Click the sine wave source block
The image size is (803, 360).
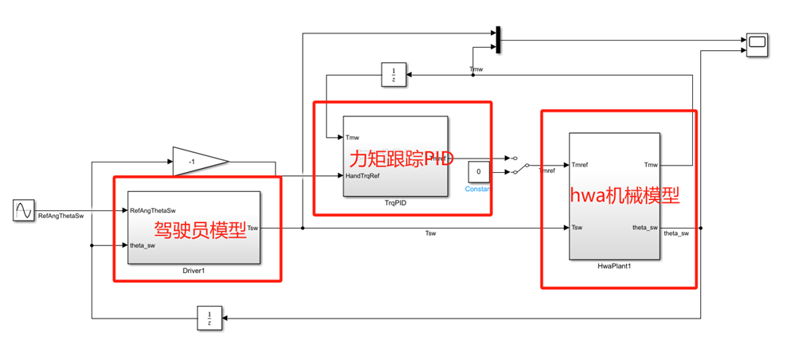pyautogui.click(x=24, y=211)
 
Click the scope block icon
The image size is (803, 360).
pyautogui.click(x=757, y=45)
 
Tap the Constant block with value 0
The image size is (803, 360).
pyautogui.click(x=478, y=171)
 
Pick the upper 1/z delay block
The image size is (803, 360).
pyautogui.click(x=394, y=75)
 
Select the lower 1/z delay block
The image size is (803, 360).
pyautogui.click(x=210, y=319)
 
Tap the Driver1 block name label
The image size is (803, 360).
pyautogui.click(x=194, y=272)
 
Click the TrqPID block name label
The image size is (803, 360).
pyautogui.click(x=395, y=203)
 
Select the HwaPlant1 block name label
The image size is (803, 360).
pyautogui.click(x=614, y=265)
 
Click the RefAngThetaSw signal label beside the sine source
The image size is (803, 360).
pyautogui.click(x=61, y=215)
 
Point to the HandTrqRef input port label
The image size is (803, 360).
pyautogui.click(x=362, y=176)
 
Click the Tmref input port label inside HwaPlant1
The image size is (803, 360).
pyautogui.click(x=581, y=166)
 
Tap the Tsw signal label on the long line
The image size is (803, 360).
pyautogui.click(x=430, y=233)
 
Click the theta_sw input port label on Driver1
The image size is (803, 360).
pyautogui.click(x=143, y=245)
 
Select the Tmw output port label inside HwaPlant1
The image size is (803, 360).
pyautogui.click(x=650, y=166)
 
